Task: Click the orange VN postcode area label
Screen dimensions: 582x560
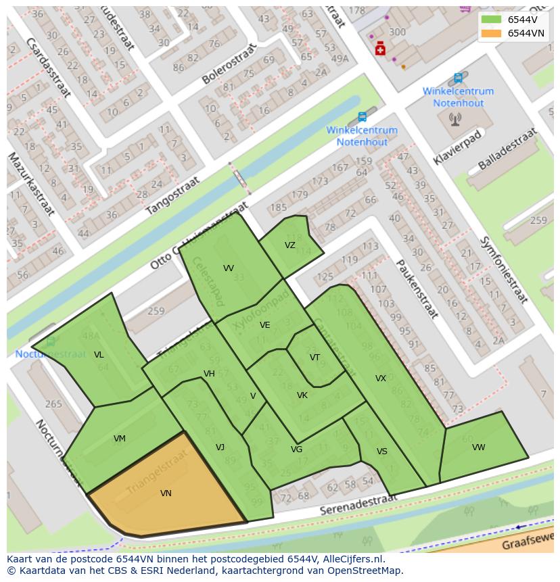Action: click(x=166, y=493)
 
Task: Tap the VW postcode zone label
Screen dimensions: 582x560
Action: click(x=479, y=447)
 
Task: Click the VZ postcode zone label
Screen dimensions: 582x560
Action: click(x=290, y=245)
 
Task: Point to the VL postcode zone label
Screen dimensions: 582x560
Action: click(x=99, y=355)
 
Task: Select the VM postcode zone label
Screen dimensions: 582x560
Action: click(x=120, y=439)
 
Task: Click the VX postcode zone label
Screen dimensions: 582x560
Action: click(x=381, y=379)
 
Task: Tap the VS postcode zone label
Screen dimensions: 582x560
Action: click(x=382, y=452)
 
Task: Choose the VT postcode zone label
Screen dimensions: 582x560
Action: click(x=315, y=358)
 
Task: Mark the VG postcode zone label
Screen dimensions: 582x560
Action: click(x=296, y=450)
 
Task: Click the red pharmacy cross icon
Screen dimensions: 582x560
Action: click(x=381, y=49)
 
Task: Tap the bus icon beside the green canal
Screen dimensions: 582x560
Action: click(x=363, y=117)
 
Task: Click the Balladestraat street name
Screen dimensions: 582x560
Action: click(x=507, y=149)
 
